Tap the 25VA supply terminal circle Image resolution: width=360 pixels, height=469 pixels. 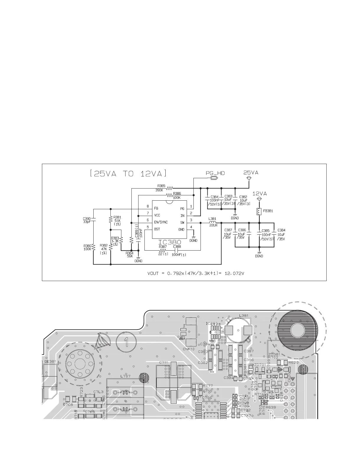[x=249, y=178]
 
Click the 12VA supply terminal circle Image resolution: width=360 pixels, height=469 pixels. [x=259, y=199]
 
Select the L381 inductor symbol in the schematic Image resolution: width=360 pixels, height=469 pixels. [x=212, y=223]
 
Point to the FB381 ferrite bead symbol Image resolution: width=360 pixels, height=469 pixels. [x=259, y=212]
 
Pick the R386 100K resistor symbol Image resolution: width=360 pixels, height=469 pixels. [x=170, y=195]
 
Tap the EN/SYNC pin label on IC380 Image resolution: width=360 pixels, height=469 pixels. [x=161, y=222]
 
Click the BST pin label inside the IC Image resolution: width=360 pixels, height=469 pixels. [x=157, y=229]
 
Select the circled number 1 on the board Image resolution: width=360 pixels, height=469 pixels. [x=126, y=342]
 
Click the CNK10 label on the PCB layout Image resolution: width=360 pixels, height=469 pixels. [x=189, y=349]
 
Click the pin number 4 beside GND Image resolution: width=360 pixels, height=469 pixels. [x=191, y=227]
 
